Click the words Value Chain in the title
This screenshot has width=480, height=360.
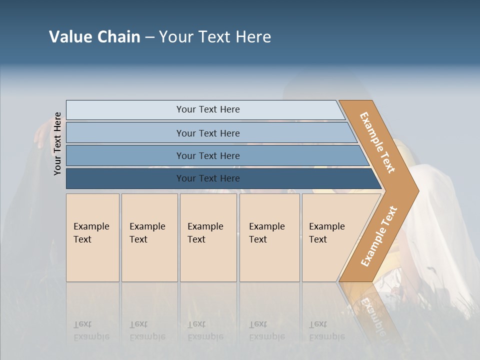[x=94, y=37]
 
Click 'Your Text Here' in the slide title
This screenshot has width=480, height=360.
[x=215, y=37]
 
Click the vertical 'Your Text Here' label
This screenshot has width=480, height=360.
[x=57, y=143]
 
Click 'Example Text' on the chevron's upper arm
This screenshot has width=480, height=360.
[x=377, y=142]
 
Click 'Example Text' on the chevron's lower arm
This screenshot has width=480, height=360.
[x=379, y=236]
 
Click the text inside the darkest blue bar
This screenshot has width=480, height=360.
[x=208, y=178]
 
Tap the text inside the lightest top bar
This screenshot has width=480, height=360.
[x=208, y=109]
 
